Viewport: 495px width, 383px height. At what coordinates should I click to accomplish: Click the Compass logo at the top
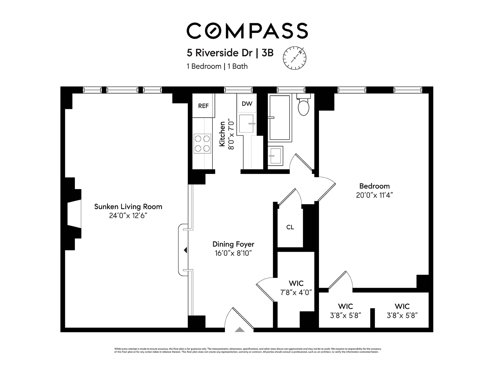click(x=247, y=31)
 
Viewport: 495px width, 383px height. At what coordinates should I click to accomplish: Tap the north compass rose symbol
click(x=295, y=58)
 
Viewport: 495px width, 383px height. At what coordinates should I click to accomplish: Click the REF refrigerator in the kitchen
click(x=203, y=106)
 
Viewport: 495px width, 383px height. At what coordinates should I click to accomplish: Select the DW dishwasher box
click(x=247, y=104)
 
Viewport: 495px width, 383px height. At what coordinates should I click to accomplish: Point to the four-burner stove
click(x=202, y=143)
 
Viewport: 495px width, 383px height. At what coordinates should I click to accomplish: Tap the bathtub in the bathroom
click(x=280, y=118)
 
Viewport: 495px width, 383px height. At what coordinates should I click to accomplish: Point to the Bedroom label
click(x=374, y=186)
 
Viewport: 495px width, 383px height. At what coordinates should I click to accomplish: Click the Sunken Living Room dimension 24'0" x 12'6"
click(x=128, y=216)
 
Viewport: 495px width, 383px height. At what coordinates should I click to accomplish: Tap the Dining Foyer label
click(x=233, y=244)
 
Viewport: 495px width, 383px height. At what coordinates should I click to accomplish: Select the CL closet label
click(x=290, y=227)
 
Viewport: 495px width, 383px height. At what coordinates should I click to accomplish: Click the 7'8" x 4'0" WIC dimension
click(x=296, y=292)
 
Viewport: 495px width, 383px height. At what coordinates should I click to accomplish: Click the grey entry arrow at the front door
click(x=239, y=330)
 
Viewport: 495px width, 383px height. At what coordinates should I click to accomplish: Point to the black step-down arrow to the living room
click(x=185, y=250)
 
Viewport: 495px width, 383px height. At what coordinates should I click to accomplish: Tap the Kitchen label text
click(x=222, y=134)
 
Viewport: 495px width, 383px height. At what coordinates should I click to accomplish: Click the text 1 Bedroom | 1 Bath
click(x=217, y=66)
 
